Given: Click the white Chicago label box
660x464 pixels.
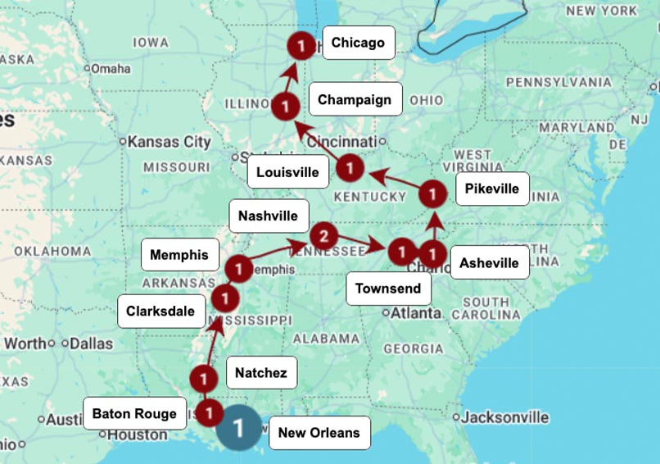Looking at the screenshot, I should tap(359, 43).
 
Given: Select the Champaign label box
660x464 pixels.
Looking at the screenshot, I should tap(355, 99).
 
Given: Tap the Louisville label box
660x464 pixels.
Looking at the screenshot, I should tap(287, 172).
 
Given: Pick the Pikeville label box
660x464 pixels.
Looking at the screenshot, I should tap(491, 189).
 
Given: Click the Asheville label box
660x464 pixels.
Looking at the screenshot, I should tap(489, 262).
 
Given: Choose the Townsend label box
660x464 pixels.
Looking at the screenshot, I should tap(388, 288).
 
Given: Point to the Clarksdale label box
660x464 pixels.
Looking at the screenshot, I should tap(160, 311).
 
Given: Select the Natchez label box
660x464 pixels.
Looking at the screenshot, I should tap(260, 373).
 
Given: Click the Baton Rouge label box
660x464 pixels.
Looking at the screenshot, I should tap(134, 413).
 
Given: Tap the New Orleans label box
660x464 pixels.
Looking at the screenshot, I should tap(319, 432).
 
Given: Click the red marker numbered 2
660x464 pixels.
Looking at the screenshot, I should tap(323, 237).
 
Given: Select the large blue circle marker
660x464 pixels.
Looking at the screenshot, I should tap(239, 427).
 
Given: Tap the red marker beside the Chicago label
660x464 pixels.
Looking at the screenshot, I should tap(301, 47).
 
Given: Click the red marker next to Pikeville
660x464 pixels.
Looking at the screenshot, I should tap(433, 194).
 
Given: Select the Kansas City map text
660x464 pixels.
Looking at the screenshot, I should tap(170, 142).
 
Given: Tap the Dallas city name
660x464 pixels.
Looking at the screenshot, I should tap(90, 343).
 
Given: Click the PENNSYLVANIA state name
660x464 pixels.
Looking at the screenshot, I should tap(558, 83).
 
